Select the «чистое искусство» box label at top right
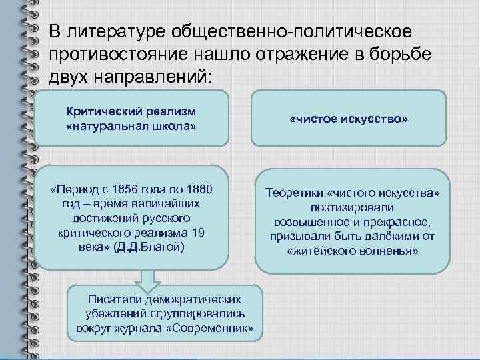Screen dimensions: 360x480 (349, 118)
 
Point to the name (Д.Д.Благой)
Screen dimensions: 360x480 (150, 246)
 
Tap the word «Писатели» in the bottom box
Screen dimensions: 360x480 (110, 300)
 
